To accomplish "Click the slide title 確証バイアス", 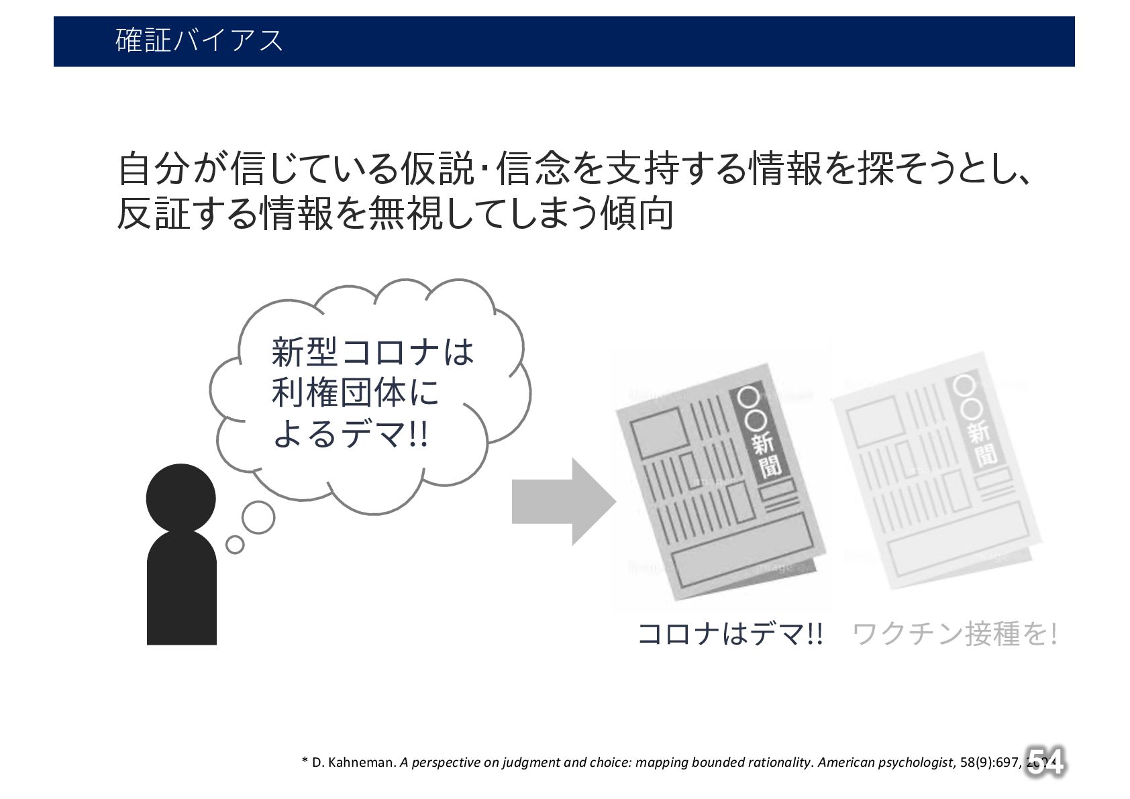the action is pos(199,41).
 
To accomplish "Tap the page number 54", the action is pos(1044,761).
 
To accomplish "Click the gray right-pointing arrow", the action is pos(562,501).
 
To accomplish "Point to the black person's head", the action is pos(181,498).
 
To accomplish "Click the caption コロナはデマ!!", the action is pos(729,633).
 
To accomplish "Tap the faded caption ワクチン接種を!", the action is pos(954,633).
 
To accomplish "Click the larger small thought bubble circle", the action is pos(258,517).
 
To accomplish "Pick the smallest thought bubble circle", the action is pos(235,544).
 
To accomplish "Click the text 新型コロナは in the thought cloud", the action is pos(372,352).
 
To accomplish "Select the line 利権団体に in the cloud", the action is pos(355,393).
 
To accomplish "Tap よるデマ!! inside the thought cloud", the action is pos(350,434).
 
